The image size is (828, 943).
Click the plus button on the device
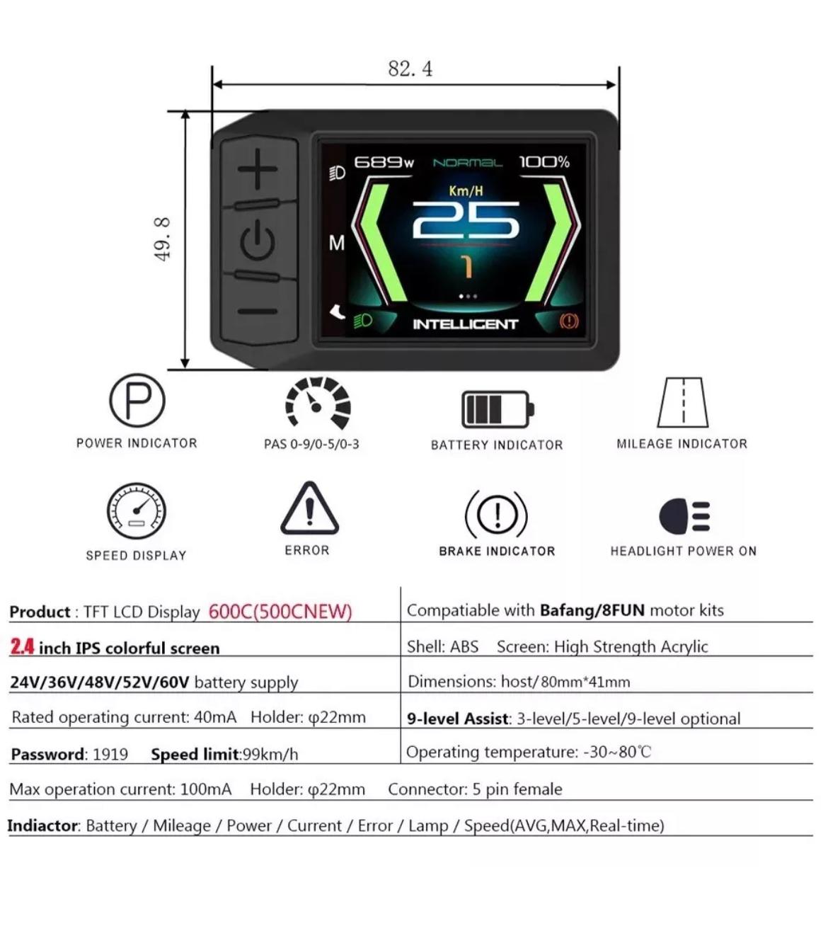pos(258,169)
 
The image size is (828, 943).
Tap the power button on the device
pos(258,241)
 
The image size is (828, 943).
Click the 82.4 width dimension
pos(410,69)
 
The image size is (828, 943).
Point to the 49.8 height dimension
pos(162,239)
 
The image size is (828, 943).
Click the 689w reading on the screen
pos(384,162)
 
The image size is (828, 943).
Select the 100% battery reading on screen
pos(544,162)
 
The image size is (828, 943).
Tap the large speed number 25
pos(466,221)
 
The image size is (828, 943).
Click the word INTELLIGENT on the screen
pos(466,324)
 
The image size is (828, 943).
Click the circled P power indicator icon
pos(137,401)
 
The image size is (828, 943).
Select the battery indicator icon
pos(498,409)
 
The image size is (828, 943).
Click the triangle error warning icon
pos(309,509)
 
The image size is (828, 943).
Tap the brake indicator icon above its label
pos(497,514)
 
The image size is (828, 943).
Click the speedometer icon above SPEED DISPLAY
pos(136,511)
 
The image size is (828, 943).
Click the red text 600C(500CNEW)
pos(280,612)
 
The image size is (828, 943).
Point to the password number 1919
pos(110,755)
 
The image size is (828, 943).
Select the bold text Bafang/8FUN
pos(592,610)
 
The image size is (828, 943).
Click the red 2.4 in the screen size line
pos(23,646)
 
